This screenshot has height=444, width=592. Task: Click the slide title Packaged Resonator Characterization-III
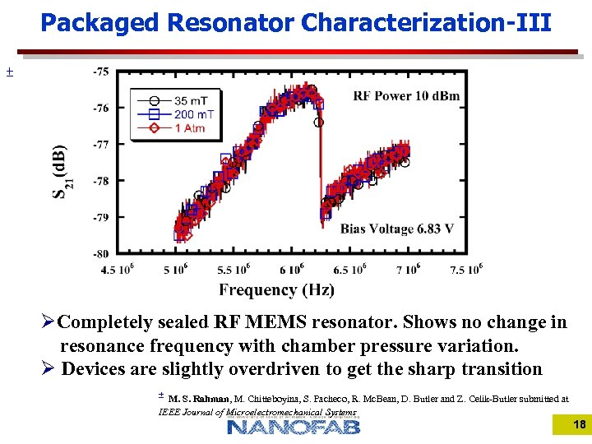pos(296,22)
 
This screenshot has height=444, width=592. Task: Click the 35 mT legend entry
pos(190,100)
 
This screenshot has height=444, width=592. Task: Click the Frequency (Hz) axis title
pos(276,289)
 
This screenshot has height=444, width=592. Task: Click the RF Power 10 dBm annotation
pos(406,96)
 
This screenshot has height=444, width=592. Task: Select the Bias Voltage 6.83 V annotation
pos(397,229)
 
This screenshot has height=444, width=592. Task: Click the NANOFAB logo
pos(294,426)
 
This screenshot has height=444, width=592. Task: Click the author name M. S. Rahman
pos(200,399)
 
